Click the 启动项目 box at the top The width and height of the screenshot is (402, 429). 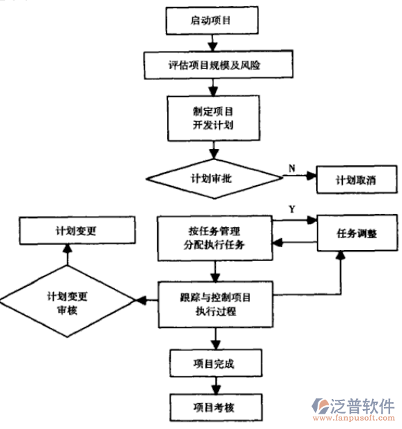click(210, 22)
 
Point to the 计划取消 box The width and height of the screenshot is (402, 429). click(355, 180)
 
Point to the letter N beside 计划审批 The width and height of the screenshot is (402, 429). click(291, 166)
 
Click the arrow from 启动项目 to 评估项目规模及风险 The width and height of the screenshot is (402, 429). click(210, 43)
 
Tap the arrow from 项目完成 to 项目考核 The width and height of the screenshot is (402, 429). click(216, 384)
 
